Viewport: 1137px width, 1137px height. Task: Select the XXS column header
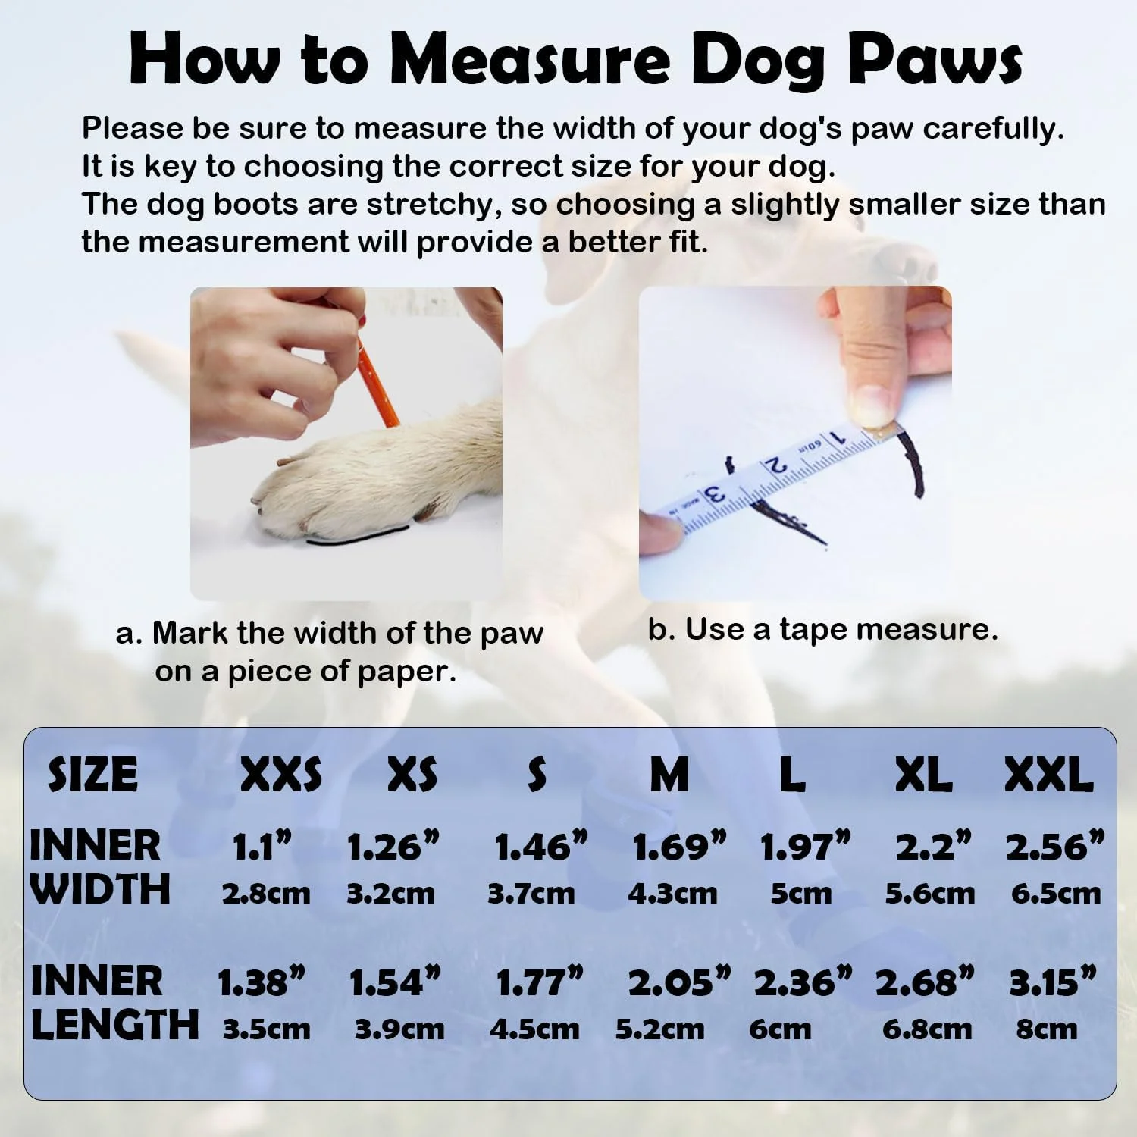[281, 775]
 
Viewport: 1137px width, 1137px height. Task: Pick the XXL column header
[1048, 775]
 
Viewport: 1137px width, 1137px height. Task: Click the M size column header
[669, 775]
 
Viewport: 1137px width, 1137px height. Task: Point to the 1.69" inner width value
[679, 847]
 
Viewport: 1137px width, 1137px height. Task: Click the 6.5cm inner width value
[1056, 894]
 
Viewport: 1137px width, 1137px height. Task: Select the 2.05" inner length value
[680, 982]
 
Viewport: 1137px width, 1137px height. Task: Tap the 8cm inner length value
[1046, 1029]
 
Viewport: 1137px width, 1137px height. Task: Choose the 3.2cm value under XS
[390, 894]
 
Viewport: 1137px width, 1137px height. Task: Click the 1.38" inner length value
[261, 982]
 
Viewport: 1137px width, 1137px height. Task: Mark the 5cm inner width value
[801, 894]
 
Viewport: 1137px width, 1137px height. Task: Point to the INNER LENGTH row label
[114, 1003]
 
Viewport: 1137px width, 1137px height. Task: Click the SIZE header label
[92, 775]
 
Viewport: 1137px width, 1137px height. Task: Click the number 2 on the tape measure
[775, 464]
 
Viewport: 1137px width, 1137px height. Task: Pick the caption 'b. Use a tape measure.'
[823, 629]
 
